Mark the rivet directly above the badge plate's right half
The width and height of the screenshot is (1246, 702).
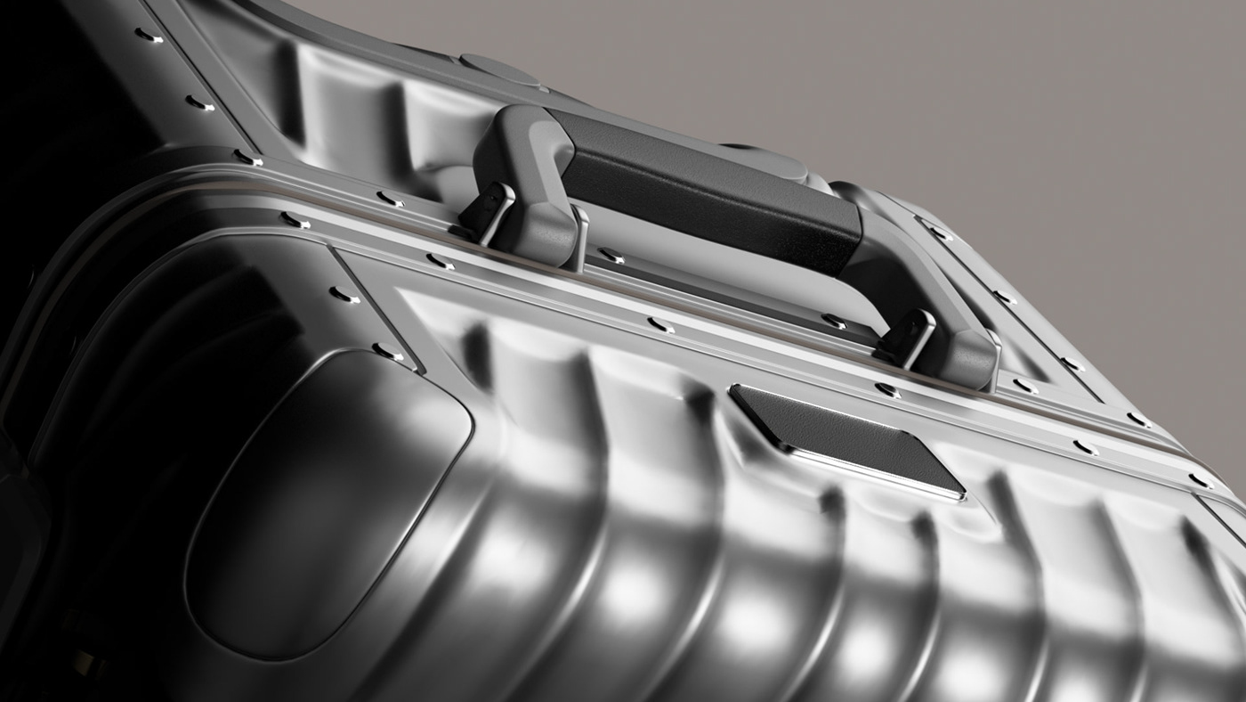[x=886, y=389]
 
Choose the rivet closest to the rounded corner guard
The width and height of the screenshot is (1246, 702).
[x=388, y=350]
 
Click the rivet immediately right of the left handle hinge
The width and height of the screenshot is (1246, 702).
[x=611, y=256]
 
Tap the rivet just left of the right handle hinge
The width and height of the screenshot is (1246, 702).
[x=834, y=321]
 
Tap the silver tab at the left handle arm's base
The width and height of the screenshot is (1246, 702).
[x=578, y=236]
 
